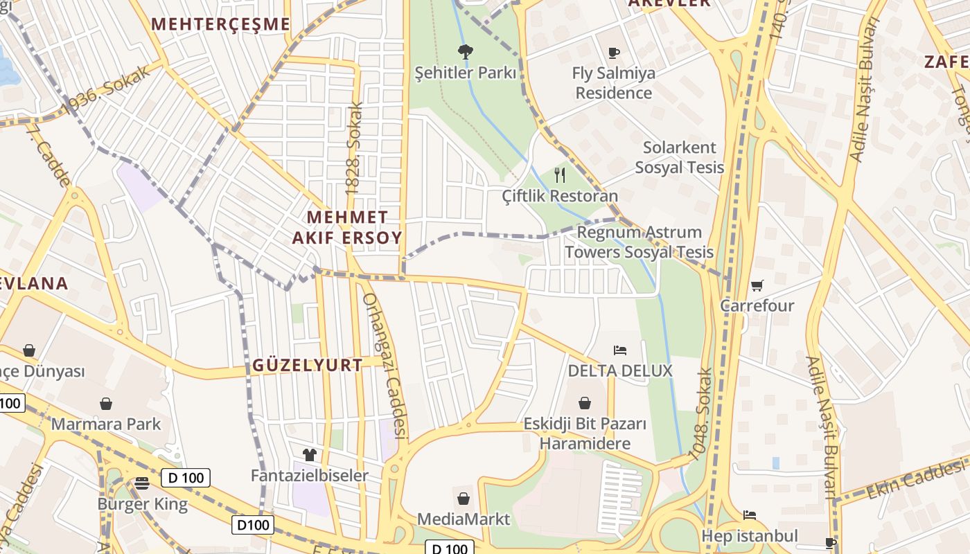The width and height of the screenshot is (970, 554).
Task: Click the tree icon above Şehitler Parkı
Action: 465,51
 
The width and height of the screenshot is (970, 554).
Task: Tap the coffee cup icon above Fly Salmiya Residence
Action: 613,52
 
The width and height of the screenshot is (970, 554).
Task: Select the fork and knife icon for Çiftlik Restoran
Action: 560,175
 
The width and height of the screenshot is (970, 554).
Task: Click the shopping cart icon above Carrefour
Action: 757,285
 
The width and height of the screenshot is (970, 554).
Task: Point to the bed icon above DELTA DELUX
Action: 620,350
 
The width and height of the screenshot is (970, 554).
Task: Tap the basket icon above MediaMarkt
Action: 464,498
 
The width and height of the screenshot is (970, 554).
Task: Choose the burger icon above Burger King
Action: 142,483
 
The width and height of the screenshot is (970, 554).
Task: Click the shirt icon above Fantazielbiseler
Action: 309,455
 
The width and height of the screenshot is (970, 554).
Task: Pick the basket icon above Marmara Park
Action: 106,403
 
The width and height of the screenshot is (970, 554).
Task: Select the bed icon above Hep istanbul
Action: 749,515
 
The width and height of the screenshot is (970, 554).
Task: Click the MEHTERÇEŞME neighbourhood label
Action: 220,24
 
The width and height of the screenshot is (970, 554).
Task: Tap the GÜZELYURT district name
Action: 307,365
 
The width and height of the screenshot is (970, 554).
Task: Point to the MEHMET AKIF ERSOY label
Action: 347,227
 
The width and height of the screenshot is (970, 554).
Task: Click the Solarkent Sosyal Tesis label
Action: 679,157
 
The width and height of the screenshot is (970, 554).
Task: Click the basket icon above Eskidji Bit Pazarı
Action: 585,403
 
